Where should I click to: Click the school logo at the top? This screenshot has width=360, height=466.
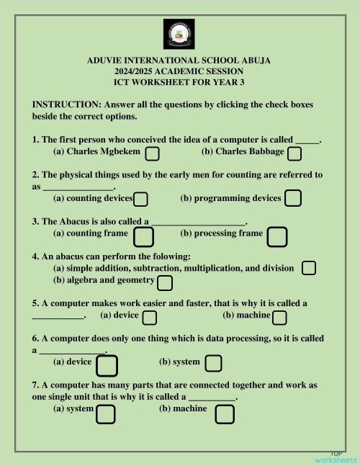(179, 34)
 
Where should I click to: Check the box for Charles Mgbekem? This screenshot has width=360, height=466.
(153, 153)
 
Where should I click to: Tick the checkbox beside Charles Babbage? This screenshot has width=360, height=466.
(294, 153)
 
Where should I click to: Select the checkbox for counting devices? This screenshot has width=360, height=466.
(141, 199)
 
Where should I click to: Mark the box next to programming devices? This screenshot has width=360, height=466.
(293, 198)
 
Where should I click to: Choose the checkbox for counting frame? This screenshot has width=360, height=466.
(144, 236)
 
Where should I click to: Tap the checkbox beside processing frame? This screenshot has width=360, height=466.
(277, 236)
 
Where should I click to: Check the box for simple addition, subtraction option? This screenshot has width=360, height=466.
(309, 268)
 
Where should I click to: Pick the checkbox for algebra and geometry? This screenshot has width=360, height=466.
(165, 282)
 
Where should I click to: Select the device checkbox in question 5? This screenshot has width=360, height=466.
(150, 318)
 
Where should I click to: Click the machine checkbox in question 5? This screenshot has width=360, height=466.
(280, 318)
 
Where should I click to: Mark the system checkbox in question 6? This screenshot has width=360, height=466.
(213, 363)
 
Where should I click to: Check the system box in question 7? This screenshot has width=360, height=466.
(106, 413)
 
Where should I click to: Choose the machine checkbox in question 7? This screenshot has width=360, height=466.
(225, 413)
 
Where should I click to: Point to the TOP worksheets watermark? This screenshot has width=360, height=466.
(336, 456)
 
